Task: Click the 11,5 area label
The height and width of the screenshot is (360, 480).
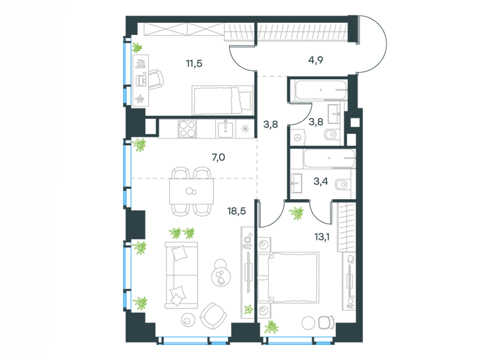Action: (x=194, y=64)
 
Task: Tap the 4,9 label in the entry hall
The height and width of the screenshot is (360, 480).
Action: (x=316, y=60)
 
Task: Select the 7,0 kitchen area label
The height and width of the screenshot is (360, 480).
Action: (x=218, y=157)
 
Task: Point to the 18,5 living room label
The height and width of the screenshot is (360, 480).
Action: (x=236, y=211)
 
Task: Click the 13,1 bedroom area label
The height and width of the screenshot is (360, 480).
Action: (x=322, y=236)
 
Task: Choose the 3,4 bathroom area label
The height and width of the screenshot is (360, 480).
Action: (x=320, y=182)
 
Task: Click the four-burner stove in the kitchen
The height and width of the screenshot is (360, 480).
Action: (x=187, y=129)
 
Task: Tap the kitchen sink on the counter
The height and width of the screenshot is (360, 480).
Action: (x=226, y=129)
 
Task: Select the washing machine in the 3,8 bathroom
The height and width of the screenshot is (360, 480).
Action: (x=298, y=138)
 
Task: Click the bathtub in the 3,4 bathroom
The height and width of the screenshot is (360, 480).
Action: (x=329, y=158)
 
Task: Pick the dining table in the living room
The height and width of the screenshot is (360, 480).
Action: (x=191, y=191)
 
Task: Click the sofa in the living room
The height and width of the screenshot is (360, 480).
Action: (x=181, y=275)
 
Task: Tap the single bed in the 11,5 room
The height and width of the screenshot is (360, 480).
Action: (x=223, y=100)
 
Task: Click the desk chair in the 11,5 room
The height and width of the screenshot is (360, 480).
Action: (x=156, y=79)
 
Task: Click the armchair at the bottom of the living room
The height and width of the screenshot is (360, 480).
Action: (x=214, y=316)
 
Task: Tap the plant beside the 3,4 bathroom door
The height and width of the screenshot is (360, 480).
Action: (x=296, y=213)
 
